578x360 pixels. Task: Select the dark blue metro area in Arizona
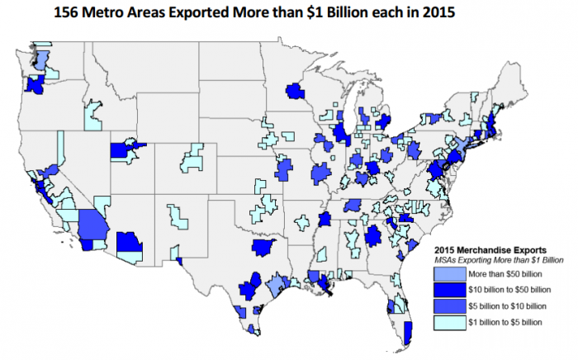[x=130, y=243]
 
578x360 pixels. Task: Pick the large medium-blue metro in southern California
[x=94, y=223]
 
